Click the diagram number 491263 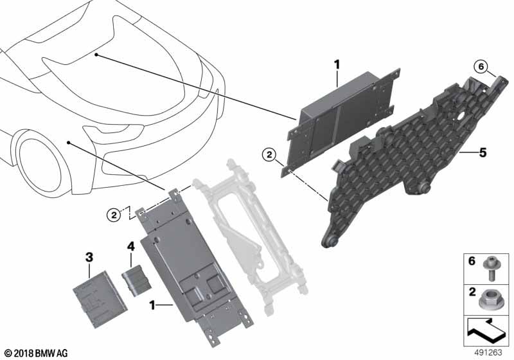488,353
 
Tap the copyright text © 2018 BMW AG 37,354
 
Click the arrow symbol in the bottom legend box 488,330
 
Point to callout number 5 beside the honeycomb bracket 483,152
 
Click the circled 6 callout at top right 481,67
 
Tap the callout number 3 89,257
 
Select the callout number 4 131,246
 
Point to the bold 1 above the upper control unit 337,64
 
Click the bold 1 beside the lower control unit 152,305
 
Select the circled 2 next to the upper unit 269,155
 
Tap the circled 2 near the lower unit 114,215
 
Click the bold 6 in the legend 472,261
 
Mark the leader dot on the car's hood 96,55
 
